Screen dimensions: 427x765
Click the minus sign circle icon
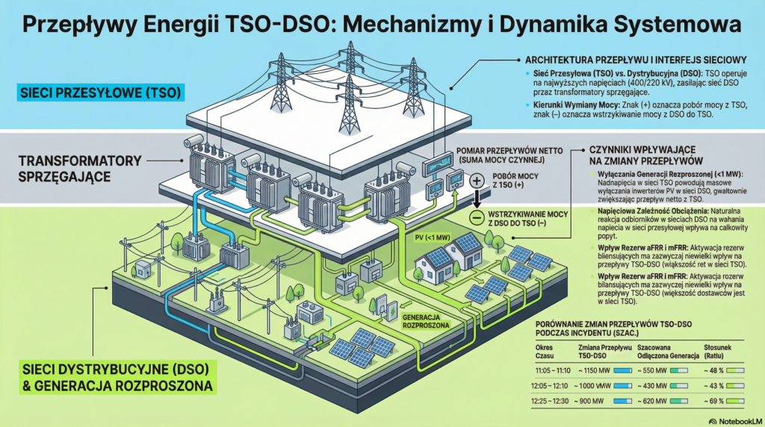pyautogui.click(x=476, y=218)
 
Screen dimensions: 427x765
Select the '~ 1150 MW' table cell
pyautogui.click(x=601, y=370)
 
